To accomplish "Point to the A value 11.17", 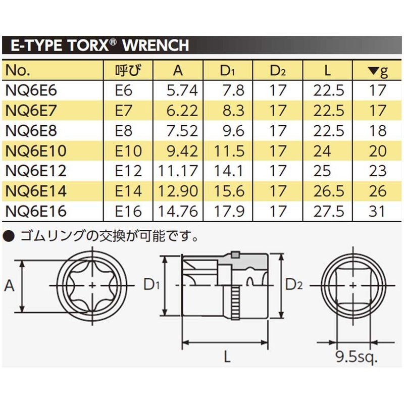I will point(178,171).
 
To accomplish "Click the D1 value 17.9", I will point(231,211).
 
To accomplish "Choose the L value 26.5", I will point(328,191).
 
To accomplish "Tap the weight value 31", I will point(377,211).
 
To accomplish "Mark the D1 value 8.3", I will point(234,111).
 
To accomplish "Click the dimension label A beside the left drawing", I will point(9,286).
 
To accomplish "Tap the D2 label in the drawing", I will point(293,284).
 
